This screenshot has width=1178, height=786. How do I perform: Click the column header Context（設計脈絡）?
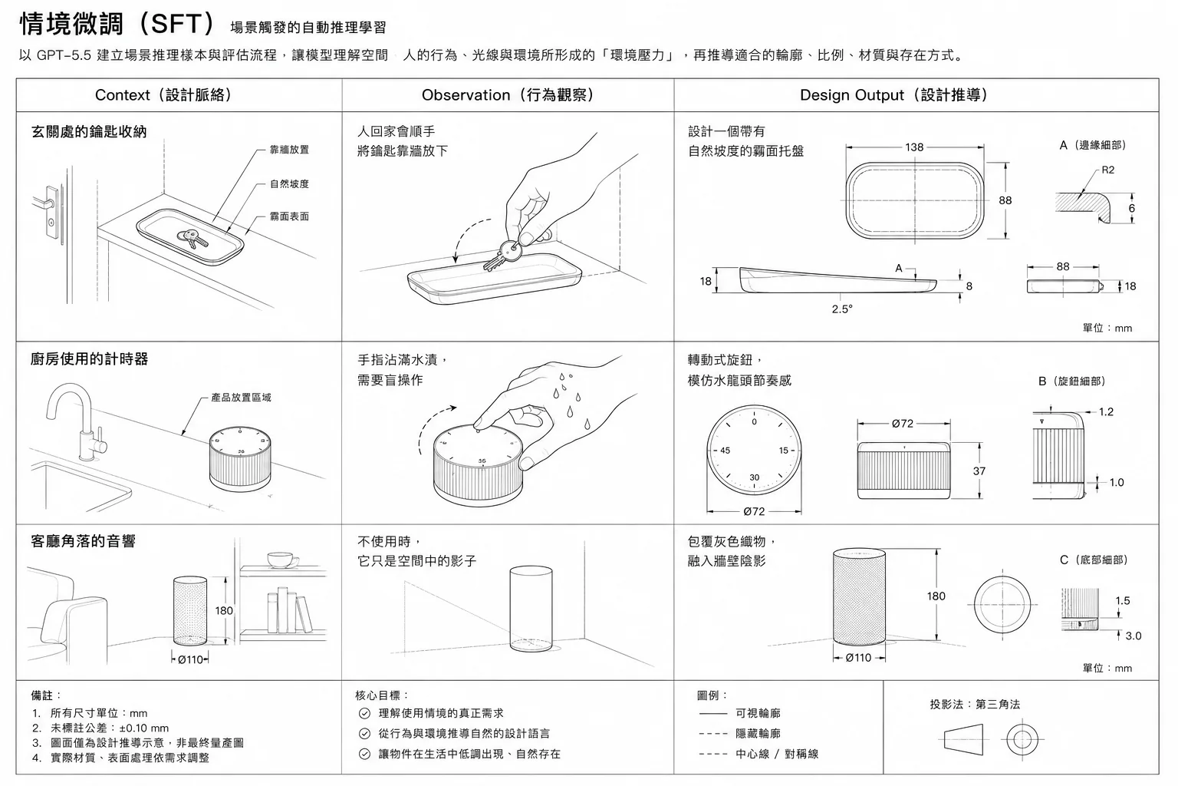[163, 95]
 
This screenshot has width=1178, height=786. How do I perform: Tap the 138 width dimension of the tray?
[914, 147]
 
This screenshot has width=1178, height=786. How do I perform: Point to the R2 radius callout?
[1107, 170]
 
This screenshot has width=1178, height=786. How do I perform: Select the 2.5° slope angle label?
[842, 309]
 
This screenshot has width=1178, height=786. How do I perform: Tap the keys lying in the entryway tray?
[192, 239]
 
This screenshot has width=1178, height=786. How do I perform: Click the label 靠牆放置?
[289, 150]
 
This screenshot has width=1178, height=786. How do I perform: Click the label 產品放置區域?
[241, 398]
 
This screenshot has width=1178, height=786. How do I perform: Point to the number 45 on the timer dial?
[725, 451]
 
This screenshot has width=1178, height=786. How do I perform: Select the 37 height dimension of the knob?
[979, 471]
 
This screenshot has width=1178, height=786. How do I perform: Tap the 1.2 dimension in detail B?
[1106, 411]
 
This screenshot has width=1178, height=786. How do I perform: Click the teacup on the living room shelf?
[282, 560]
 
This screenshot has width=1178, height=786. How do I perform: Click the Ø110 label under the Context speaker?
[190, 659]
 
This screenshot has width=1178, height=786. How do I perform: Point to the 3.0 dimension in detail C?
[1134, 636]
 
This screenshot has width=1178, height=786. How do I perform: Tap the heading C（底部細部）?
[1094, 560]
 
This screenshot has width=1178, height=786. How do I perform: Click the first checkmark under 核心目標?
[364, 713]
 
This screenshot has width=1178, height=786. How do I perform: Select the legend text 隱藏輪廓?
[758, 733]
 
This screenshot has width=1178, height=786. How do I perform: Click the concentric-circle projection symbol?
[1022, 740]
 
